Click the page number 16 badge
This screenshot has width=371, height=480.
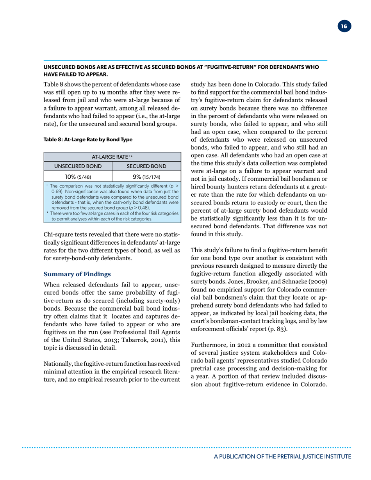344,27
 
